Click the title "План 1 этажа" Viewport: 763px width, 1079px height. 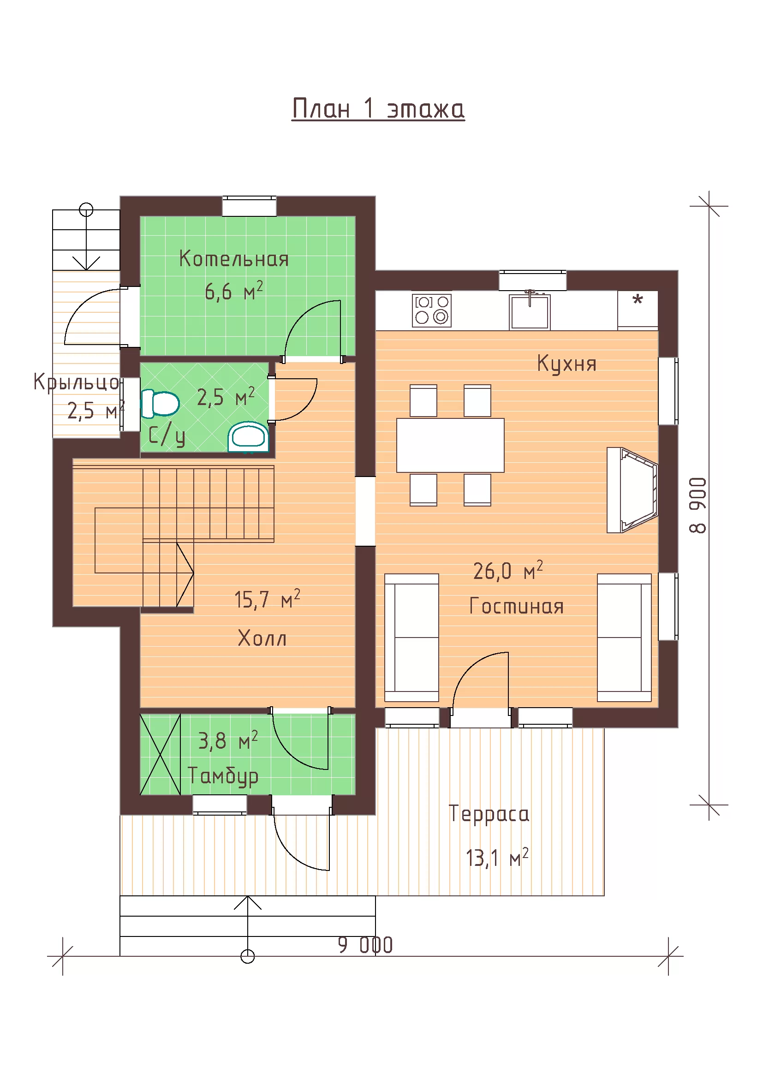pos(378,108)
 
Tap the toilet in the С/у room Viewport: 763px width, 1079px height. pos(160,403)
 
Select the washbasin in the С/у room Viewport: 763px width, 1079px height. pos(249,436)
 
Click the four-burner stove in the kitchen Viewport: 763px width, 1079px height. pos(432,310)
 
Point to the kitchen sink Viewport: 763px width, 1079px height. pos(530,311)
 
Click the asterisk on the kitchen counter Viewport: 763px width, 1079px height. pos(638,299)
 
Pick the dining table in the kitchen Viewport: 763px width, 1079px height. pos(450,445)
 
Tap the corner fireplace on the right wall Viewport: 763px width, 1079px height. pos(632,490)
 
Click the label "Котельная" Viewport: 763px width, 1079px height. pos(234,259)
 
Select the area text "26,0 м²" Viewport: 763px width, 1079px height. pos(508,571)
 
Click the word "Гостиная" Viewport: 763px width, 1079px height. pos(516,606)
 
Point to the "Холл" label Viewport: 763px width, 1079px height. pos(262,638)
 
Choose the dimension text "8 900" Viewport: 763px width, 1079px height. pos(697,505)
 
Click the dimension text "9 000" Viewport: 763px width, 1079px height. pos(365,945)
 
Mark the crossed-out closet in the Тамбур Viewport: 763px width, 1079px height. pos(160,755)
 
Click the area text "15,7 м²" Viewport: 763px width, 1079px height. pos(267,599)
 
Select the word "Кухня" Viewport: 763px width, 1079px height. pos(566,364)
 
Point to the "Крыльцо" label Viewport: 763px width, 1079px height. pos(77,382)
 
